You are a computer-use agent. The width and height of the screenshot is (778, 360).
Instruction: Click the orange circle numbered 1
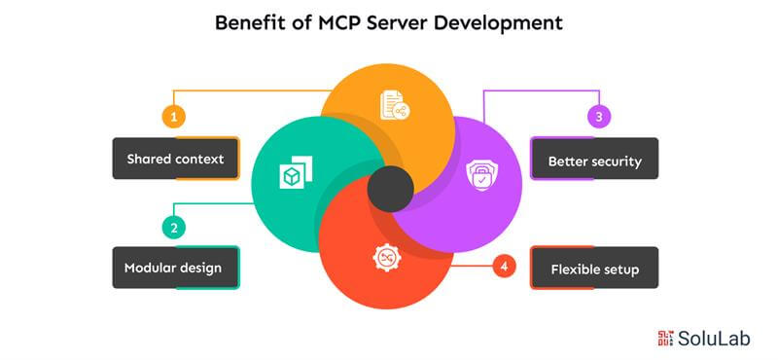(x=174, y=117)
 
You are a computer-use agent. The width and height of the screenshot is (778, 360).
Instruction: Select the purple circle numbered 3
(x=599, y=117)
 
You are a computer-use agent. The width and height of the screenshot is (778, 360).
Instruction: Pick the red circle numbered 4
(x=504, y=266)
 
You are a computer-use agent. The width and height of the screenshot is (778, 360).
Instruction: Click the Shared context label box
(x=175, y=159)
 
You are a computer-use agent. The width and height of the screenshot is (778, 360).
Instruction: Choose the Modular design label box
(x=175, y=268)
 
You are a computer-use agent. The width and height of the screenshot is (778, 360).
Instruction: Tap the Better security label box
(x=594, y=161)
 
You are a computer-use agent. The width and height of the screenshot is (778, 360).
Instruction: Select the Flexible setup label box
(x=594, y=269)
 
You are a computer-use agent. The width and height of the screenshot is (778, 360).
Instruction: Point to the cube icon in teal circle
(x=291, y=174)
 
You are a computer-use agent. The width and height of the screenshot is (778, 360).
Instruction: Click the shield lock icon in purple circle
(x=479, y=175)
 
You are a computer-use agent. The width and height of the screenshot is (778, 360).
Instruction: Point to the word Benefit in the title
(x=249, y=23)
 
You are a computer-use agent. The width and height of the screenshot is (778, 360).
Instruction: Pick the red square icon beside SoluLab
(x=665, y=339)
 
